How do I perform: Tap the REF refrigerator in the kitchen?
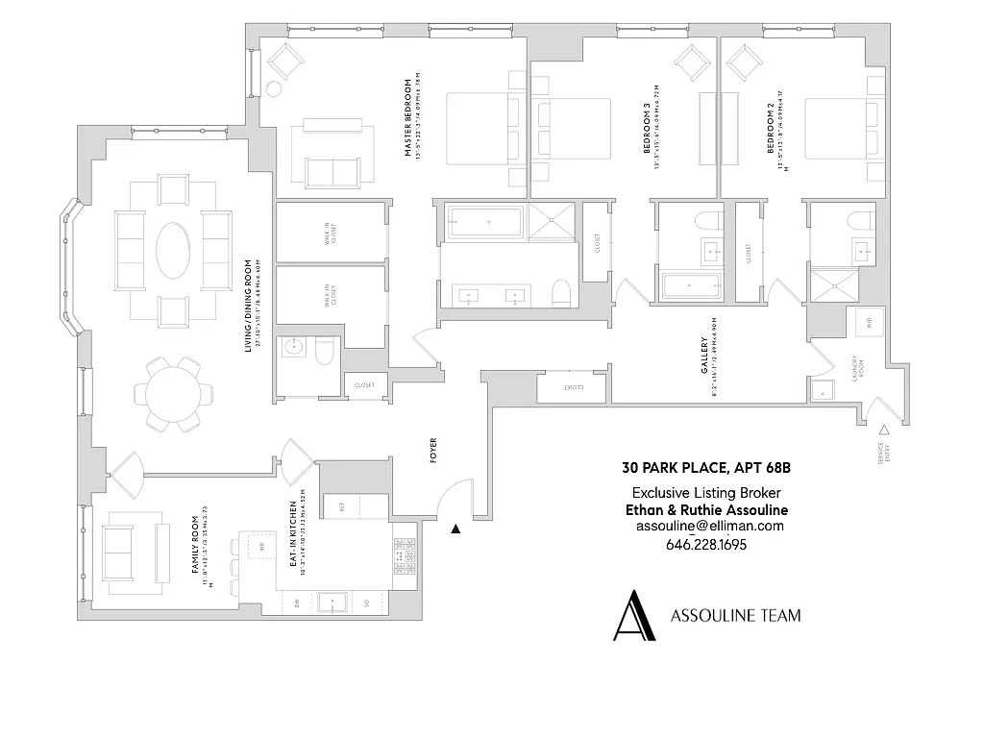point(341,505)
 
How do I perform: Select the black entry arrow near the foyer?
point(456,528)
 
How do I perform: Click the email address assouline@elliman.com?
point(709,527)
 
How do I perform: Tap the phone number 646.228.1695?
point(706,545)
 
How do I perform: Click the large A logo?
point(634,614)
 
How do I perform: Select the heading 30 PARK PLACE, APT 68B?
point(705,470)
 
